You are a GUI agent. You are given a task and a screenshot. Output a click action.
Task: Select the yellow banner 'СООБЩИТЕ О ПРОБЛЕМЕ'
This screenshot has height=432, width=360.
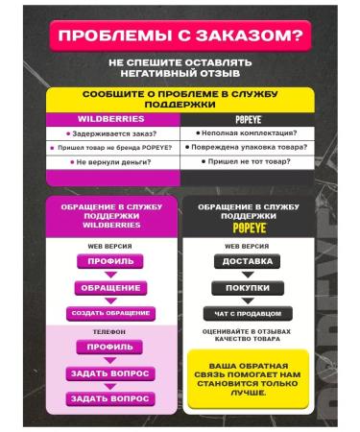point(180,101)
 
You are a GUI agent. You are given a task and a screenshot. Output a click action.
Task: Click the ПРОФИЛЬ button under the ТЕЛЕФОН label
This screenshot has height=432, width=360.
point(110,347)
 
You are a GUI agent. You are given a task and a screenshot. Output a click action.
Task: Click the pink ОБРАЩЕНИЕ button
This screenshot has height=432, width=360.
point(110,287)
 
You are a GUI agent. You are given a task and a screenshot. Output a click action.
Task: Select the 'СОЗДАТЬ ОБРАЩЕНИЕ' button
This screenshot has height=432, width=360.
point(110,313)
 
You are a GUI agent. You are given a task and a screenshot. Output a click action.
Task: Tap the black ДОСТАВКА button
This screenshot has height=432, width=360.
point(247,261)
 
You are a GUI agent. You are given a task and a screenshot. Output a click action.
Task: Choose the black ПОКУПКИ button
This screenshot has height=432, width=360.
point(247,287)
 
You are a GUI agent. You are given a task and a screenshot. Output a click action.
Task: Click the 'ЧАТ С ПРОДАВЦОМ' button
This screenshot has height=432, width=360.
point(247,313)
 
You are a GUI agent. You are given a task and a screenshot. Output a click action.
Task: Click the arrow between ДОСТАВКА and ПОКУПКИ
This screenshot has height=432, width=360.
point(247,275)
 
